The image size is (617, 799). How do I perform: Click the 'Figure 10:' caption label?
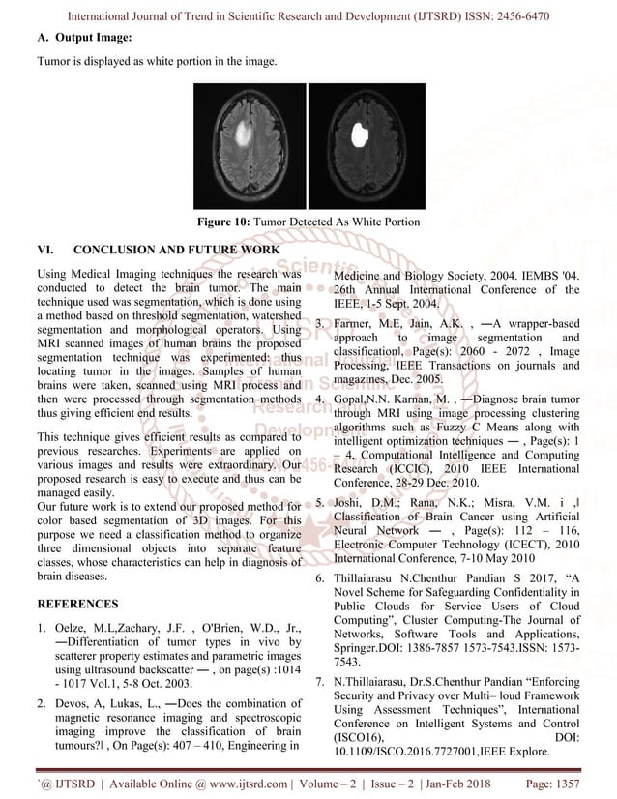tap(224, 222)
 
